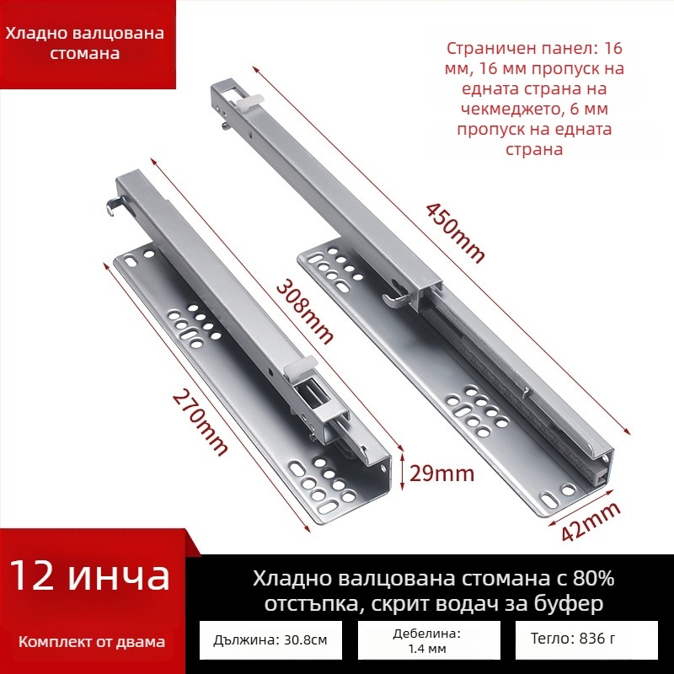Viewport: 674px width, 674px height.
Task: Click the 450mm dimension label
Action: pos(455,234)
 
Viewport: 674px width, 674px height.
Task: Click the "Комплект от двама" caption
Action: pos(92,642)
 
